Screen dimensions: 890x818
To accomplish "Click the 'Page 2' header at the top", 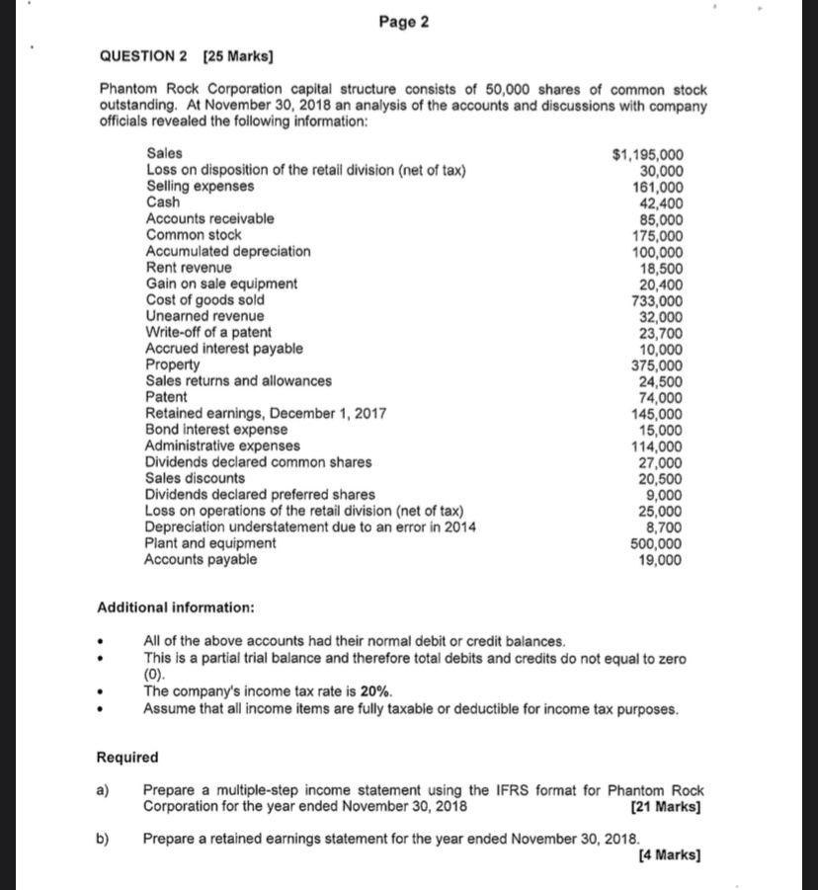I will (403, 23).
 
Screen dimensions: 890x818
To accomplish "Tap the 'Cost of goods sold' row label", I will (204, 300).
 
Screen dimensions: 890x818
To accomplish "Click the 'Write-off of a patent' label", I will (207, 333).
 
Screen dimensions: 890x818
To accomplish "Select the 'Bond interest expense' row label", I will (216, 430).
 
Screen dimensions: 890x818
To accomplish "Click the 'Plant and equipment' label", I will (210, 543).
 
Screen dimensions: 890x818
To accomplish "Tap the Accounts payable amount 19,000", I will (659, 560).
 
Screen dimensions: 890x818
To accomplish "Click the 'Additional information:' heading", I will (175, 607).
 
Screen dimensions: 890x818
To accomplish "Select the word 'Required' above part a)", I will (126, 758).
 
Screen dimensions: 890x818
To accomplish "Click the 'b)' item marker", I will (103, 839).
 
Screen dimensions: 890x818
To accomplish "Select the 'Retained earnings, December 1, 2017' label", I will (266, 414).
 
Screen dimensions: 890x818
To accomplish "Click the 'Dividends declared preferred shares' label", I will (260, 495).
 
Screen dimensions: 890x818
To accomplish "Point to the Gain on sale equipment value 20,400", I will (659, 284).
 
